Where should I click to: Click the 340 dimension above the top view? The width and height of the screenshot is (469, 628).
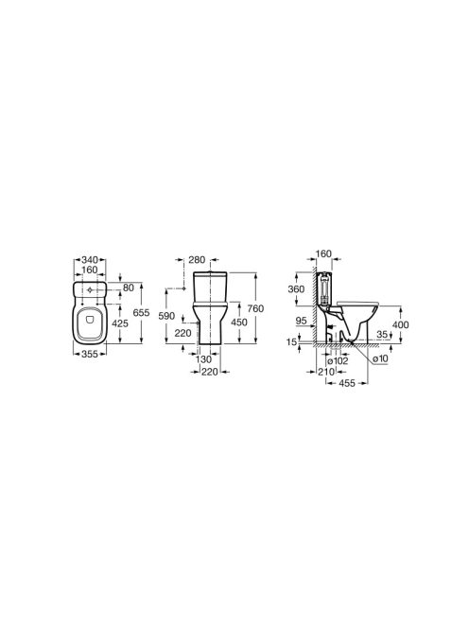tap(90, 260)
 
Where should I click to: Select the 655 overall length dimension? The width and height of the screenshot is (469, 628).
tap(142, 312)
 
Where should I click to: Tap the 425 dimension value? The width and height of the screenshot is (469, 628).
tap(120, 323)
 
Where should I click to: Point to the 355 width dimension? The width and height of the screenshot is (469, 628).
tap(90, 354)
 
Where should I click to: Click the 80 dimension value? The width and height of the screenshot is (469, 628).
tap(129, 288)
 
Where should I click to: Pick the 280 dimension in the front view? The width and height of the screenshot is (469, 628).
tap(197, 260)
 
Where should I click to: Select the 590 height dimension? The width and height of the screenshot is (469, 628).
tap(166, 316)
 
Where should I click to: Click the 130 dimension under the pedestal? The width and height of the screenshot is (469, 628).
tap(204, 360)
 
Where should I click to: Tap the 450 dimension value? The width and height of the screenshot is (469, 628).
tap(239, 322)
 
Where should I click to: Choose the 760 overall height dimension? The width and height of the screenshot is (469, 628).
tap(255, 308)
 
